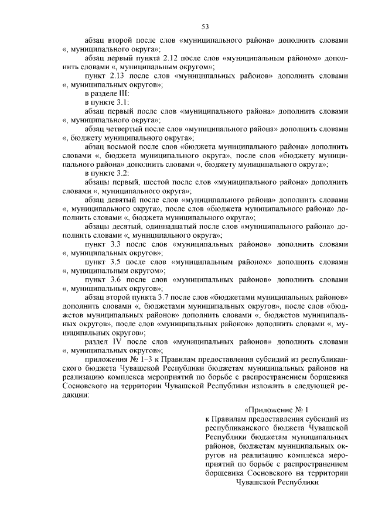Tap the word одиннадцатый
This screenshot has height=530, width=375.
tap(159, 225)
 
